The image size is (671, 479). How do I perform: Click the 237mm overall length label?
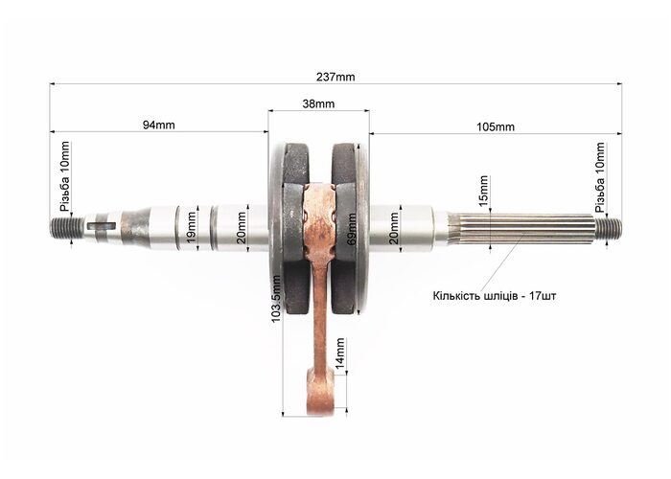point(335,77)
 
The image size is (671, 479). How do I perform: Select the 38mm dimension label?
point(318,103)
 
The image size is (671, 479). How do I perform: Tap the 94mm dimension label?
point(159,125)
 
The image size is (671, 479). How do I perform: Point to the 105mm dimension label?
point(496,127)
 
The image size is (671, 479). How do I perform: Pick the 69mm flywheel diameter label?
point(352,229)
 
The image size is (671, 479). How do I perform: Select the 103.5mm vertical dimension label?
point(276,299)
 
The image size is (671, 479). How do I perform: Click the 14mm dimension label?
point(339,354)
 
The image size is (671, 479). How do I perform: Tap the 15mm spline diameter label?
point(483,191)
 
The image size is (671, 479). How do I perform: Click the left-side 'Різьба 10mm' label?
point(65,176)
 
